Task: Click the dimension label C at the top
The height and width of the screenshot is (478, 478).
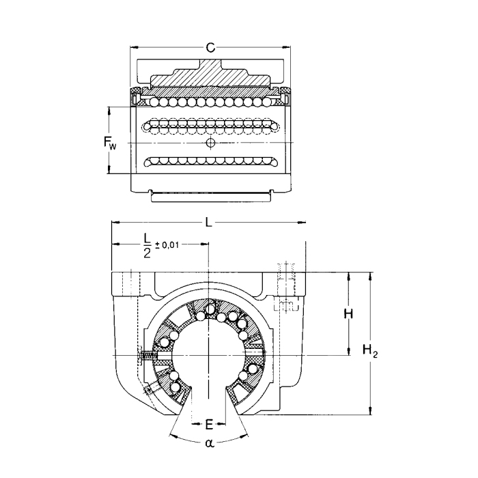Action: point(211,47)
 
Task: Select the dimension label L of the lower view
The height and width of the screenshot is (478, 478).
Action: point(209,223)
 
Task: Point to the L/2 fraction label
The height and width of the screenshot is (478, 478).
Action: point(146,245)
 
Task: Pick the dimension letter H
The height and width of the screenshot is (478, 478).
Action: point(348,313)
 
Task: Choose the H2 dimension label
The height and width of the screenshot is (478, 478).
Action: point(370,352)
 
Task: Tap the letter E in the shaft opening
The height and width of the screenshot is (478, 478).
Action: point(209,425)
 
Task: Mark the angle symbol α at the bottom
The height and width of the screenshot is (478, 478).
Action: point(209,444)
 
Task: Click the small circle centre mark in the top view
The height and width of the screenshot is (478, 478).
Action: point(210,142)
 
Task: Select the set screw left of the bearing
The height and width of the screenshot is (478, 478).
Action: point(145,356)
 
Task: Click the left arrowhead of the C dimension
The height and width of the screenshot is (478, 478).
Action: point(134,47)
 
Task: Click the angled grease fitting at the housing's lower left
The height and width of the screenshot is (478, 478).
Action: point(149,390)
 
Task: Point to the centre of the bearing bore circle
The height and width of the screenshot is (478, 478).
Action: point(208,356)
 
